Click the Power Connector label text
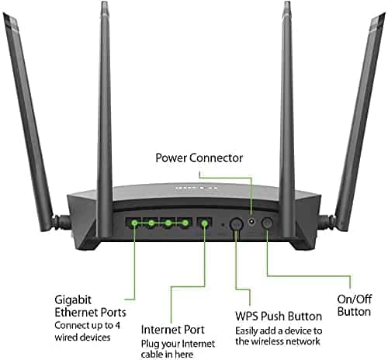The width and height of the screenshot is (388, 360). [x=199, y=157]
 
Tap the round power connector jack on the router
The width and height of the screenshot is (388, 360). [x=251, y=222]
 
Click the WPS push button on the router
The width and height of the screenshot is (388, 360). [x=237, y=224]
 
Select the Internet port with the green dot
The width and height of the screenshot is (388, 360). [x=204, y=223]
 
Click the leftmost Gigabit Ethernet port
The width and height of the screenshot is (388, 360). [x=134, y=223]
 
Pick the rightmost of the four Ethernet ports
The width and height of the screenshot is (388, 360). [x=185, y=223]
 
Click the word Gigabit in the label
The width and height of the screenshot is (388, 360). [x=73, y=300]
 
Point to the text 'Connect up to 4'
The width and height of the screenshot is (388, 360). [x=88, y=325]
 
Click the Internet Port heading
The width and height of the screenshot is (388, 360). [x=173, y=330]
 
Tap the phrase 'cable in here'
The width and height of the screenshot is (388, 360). [x=167, y=354]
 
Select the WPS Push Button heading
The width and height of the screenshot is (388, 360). [x=279, y=317]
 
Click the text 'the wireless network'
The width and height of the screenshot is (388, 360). [x=278, y=341]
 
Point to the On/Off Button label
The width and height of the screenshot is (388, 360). [x=355, y=306]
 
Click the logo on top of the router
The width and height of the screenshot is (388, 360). [x=196, y=188]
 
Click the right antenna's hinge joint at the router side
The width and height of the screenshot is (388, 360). [x=327, y=222]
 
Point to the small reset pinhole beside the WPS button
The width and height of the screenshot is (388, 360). [x=223, y=224]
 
